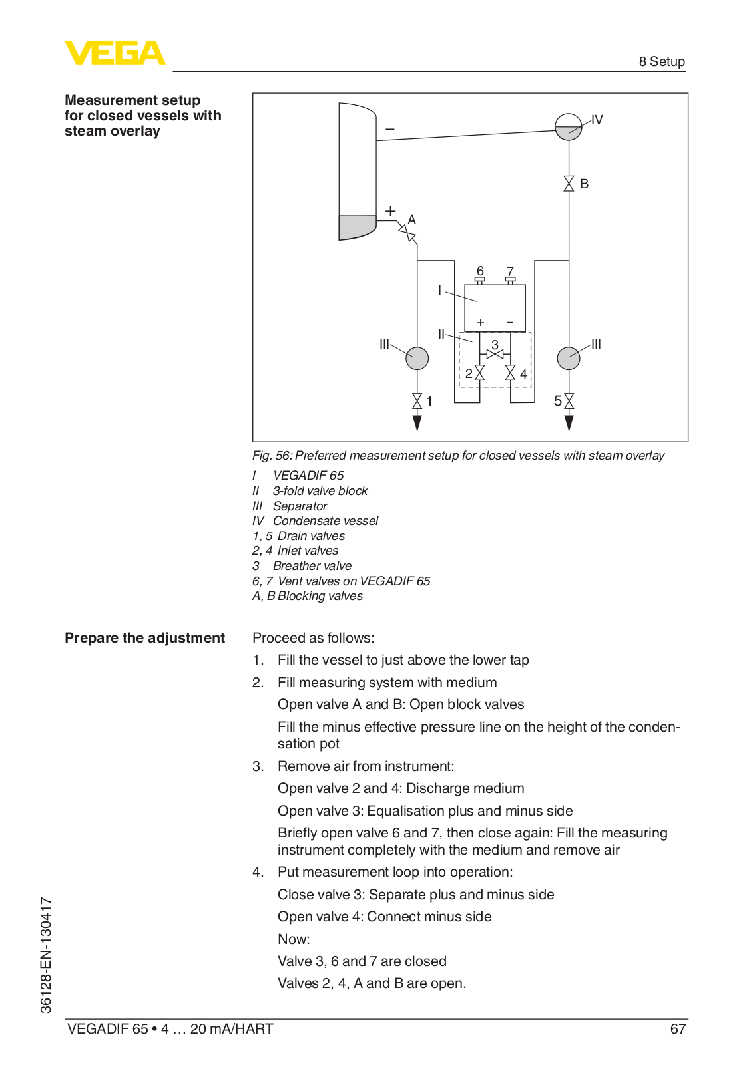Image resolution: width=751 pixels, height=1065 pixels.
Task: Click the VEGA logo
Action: (x=115, y=53)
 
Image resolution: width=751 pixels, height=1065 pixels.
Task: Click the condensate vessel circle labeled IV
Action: (x=568, y=126)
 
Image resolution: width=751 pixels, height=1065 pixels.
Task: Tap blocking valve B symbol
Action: (x=569, y=184)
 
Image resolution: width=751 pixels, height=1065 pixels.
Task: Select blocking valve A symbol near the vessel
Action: (x=407, y=233)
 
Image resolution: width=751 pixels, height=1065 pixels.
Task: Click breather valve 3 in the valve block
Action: (x=495, y=354)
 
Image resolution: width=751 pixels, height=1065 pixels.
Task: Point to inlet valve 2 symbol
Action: (x=479, y=373)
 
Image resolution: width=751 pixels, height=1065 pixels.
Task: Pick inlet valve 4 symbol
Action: (x=511, y=373)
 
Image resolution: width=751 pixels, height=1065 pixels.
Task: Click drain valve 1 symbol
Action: (x=417, y=401)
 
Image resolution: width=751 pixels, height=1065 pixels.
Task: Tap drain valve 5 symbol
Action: (x=569, y=401)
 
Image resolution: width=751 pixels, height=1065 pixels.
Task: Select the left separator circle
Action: (x=417, y=358)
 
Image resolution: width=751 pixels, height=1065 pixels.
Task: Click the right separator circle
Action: (x=569, y=358)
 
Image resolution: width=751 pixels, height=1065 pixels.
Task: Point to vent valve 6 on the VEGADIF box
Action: (x=479, y=280)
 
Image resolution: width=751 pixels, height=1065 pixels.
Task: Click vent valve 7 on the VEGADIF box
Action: (x=511, y=280)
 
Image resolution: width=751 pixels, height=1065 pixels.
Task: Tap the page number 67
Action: (x=677, y=1029)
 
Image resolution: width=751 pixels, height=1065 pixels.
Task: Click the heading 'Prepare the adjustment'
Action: (x=144, y=638)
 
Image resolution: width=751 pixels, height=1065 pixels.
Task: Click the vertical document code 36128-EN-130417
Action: (x=46, y=955)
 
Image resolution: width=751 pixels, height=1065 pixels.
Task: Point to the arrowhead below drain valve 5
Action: (x=569, y=422)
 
